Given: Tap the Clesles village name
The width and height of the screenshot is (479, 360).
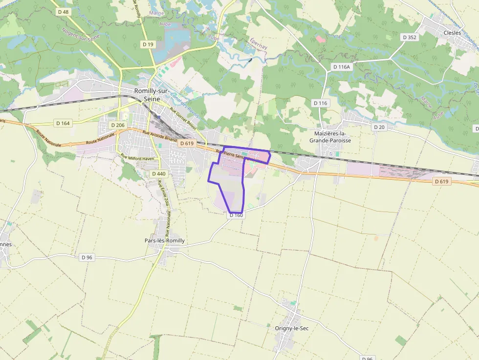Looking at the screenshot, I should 452,33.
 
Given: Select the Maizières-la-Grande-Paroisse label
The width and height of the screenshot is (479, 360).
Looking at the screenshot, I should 330,137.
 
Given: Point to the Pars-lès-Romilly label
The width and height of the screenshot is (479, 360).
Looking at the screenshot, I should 165,241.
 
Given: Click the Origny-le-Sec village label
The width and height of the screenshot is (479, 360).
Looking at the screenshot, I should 292,328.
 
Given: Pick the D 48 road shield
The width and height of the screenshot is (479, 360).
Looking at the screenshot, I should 63,11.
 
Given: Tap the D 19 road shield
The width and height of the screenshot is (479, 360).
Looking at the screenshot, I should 148,44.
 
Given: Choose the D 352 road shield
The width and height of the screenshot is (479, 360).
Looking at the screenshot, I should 409,37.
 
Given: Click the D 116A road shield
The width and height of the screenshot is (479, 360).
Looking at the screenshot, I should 342,66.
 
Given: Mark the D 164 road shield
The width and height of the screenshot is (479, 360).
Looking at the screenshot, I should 63,123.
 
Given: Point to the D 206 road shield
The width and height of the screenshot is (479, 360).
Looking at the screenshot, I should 118,125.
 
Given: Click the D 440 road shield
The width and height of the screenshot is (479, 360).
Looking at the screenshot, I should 158,173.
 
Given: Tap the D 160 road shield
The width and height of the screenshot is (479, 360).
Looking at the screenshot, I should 236,215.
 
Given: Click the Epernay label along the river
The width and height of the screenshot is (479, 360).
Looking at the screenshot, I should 259,43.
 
